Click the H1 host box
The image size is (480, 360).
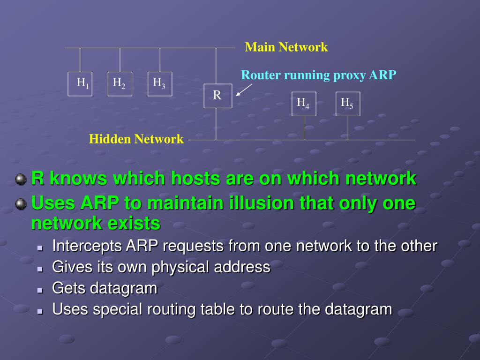pyautogui.click(x=80, y=84)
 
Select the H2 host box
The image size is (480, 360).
pyautogui.click(x=120, y=84)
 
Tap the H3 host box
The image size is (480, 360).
pyautogui.click(x=160, y=84)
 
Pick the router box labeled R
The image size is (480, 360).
pyautogui.click(x=217, y=96)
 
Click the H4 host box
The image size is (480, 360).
pyautogui.click(x=303, y=104)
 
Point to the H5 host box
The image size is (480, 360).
pyautogui.click(x=347, y=104)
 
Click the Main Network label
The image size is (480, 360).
pyautogui.click(x=286, y=47)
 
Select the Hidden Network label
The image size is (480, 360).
pyautogui.click(x=136, y=139)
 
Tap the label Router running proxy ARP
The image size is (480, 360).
pyautogui.click(x=319, y=75)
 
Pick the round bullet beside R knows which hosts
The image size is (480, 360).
pyautogui.click(x=20, y=179)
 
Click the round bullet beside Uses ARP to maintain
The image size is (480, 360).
pyautogui.click(x=20, y=204)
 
